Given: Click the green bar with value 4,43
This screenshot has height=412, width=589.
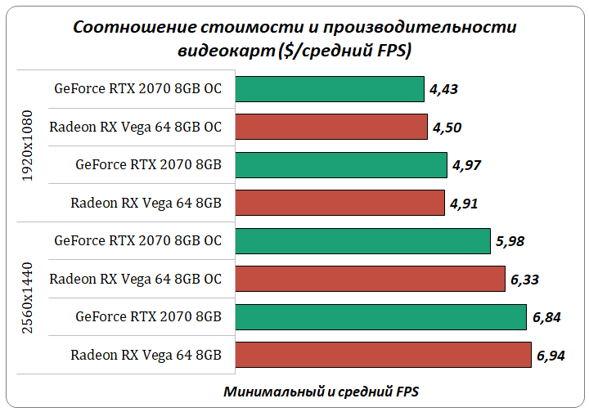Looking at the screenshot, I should (329, 88).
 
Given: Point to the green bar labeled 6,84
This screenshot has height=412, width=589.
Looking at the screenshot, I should (380, 316).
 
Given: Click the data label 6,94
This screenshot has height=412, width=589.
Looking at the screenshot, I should (552, 356).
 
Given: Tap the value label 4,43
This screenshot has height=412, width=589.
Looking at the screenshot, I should (443, 89).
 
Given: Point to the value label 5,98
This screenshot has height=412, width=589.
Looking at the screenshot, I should (510, 241).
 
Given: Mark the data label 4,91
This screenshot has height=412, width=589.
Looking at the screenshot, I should (463, 204).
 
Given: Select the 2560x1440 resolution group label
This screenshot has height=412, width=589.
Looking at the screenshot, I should (27, 298).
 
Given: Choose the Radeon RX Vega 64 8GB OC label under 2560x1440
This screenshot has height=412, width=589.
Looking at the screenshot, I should (135, 279).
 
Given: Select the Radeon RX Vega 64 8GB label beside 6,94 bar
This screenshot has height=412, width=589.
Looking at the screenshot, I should (146, 355).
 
